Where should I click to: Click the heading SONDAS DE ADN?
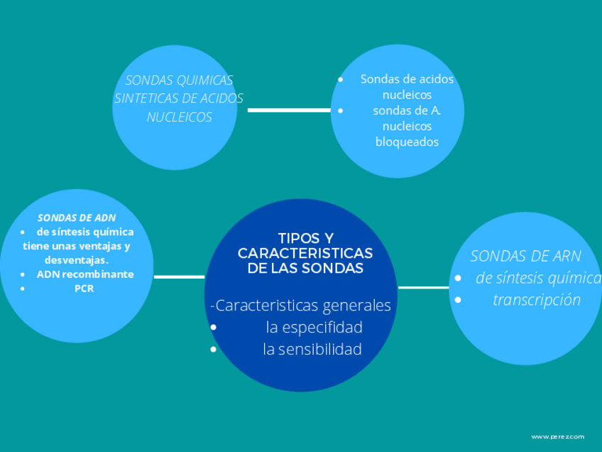[77, 217]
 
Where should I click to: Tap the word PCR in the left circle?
[84, 289]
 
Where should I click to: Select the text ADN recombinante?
[85, 274]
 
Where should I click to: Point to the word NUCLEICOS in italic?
[179, 117]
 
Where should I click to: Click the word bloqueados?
[407, 141]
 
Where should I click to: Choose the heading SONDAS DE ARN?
[525, 256]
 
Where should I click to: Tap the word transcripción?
[537, 300]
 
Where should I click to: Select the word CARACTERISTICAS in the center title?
[305, 253]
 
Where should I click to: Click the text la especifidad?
[314, 327]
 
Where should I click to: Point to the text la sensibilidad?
[312, 349]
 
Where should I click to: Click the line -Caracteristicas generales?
[301, 306]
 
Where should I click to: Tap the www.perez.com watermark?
[558, 436]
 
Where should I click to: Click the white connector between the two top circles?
[289, 111]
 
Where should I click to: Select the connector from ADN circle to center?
[179, 276]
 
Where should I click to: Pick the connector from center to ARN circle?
[423, 287]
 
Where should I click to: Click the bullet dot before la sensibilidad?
[214, 350]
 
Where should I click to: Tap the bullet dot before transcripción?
[458, 300]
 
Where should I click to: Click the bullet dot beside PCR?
[23, 289]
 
